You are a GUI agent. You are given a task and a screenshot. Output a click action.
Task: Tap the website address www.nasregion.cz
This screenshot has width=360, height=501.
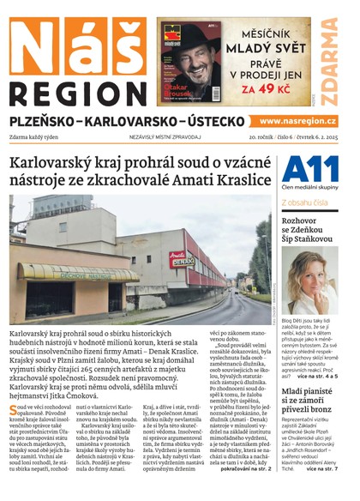pos(299,121)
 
